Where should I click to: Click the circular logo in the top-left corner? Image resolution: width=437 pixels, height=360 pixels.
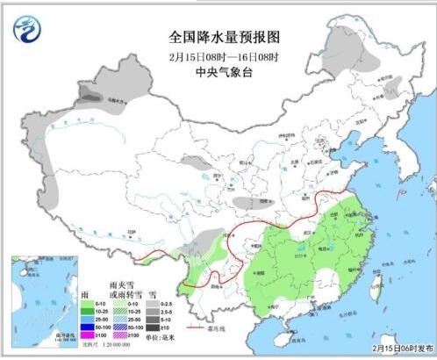pos(25,29)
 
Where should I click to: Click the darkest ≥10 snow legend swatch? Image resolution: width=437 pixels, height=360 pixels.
pos(154,327)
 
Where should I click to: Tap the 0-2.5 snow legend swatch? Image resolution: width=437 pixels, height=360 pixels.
pos(154,300)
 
